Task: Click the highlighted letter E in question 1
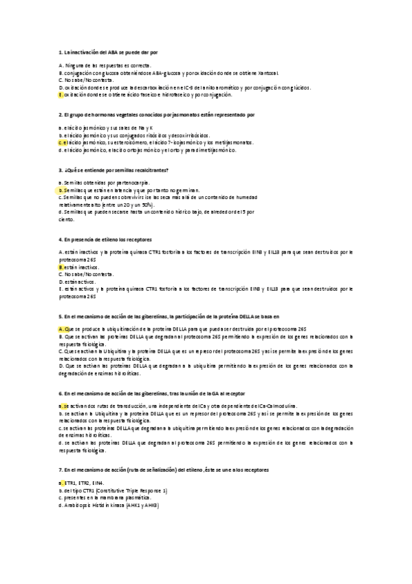(x=61, y=94)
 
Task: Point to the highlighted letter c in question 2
(x=61, y=143)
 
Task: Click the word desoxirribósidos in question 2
(x=193, y=136)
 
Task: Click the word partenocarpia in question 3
(x=111, y=182)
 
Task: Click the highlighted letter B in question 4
(x=61, y=266)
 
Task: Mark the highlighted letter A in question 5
(x=61, y=329)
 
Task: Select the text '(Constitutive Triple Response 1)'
(x=133, y=490)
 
